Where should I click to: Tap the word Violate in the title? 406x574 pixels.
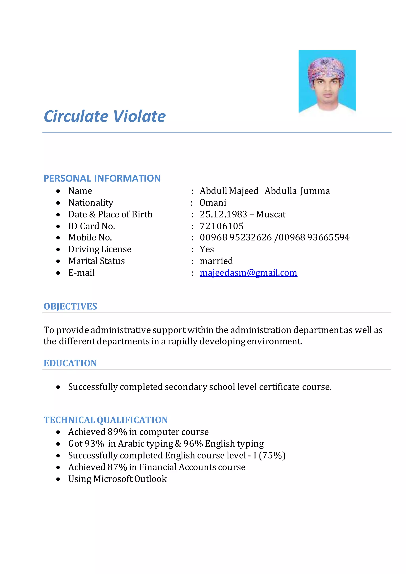(x=140, y=117)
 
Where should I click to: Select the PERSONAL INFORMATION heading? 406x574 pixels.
(x=102, y=178)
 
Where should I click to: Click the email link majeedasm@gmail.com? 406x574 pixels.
(x=248, y=273)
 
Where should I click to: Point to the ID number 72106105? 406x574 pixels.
(x=221, y=226)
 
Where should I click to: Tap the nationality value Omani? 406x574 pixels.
(x=213, y=203)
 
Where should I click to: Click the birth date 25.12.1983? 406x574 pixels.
(x=223, y=214)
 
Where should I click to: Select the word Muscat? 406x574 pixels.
(x=271, y=214)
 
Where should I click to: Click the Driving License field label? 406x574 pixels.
(x=100, y=249)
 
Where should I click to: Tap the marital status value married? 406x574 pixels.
(x=216, y=261)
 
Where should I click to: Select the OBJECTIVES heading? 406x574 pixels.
(x=70, y=306)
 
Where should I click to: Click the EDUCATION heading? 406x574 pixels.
(x=70, y=363)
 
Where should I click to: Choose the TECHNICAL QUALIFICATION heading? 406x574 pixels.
(x=106, y=420)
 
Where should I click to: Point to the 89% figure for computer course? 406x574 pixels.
(x=117, y=432)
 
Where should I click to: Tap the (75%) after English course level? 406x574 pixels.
(x=272, y=455)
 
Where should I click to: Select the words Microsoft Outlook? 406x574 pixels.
(x=130, y=479)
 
